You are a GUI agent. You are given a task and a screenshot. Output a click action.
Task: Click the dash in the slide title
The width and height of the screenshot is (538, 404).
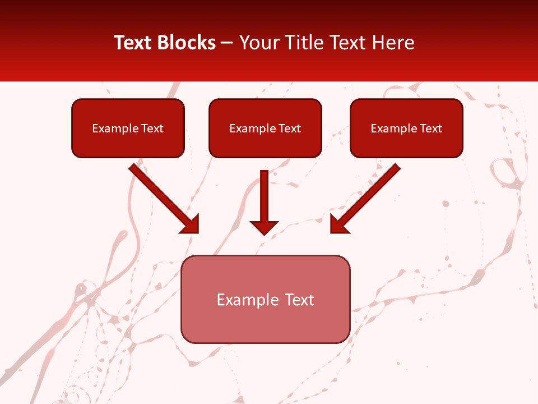[227, 43]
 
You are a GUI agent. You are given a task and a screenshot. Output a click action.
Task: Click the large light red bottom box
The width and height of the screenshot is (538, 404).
[265, 325]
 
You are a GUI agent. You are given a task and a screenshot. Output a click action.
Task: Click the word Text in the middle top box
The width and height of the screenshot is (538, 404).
[290, 128]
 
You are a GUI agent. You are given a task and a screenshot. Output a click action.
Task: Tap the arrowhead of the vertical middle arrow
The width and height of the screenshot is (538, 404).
[264, 227]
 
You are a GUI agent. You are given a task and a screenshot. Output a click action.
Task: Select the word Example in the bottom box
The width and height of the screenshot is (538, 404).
[248, 300]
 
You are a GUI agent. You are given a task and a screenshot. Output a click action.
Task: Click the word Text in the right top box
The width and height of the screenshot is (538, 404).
[431, 128]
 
